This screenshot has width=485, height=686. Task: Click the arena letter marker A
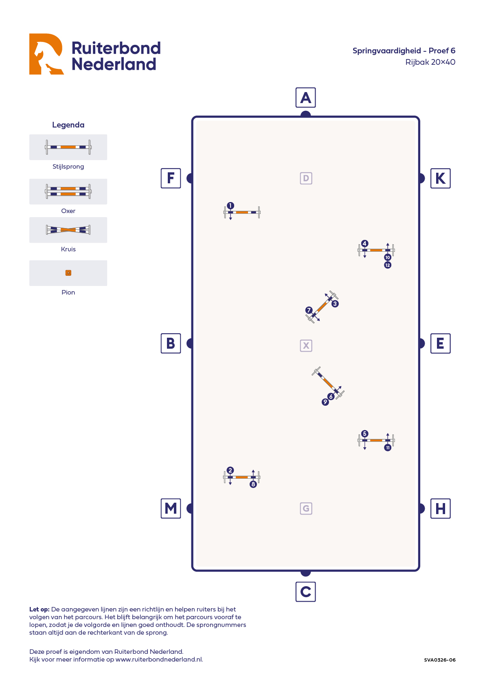pyautogui.click(x=305, y=98)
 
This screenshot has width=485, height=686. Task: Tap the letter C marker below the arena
pyautogui.click(x=305, y=591)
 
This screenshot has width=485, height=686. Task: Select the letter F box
pyautogui.click(x=171, y=178)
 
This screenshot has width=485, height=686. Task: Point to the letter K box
pyautogui.click(x=440, y=178)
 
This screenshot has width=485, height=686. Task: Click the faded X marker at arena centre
pyautogui.click(x=306, y=345)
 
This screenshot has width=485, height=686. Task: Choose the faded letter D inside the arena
pyautogui.click(x=306, y=178)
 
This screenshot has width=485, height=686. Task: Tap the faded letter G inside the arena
pyautogui.click(x=306, y=508)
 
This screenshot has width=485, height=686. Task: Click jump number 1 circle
pyautogui.click(x=230, y=206)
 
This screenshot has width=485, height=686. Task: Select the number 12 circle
pyautogui.click(x=388, y=265)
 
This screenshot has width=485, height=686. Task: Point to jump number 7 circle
pyautogui.click(x=309, y=310)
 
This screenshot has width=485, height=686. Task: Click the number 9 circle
pyautogui.click(x=325, y=402)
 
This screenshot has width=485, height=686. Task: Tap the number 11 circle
pyautogui.click(x=388, y=448)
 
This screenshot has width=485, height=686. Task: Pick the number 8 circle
pyautogui.click(x=253, y=484)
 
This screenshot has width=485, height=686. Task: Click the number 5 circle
pyautogui.click(x=365, y=434)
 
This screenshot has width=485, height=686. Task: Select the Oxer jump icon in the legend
pyautogui.click(x=68, y=191)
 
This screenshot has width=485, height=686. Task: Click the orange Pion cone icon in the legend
pyautogui.click(x=68, y=273)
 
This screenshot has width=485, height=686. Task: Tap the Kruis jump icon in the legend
pyautogui.click(x=68, y=230)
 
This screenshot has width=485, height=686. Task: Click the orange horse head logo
pyautogui.click(x=46, y=54)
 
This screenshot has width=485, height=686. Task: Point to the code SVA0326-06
pyautogui.click(x=439, y=660)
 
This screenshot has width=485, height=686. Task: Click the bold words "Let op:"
pyautogui.click(x=39, y=609)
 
